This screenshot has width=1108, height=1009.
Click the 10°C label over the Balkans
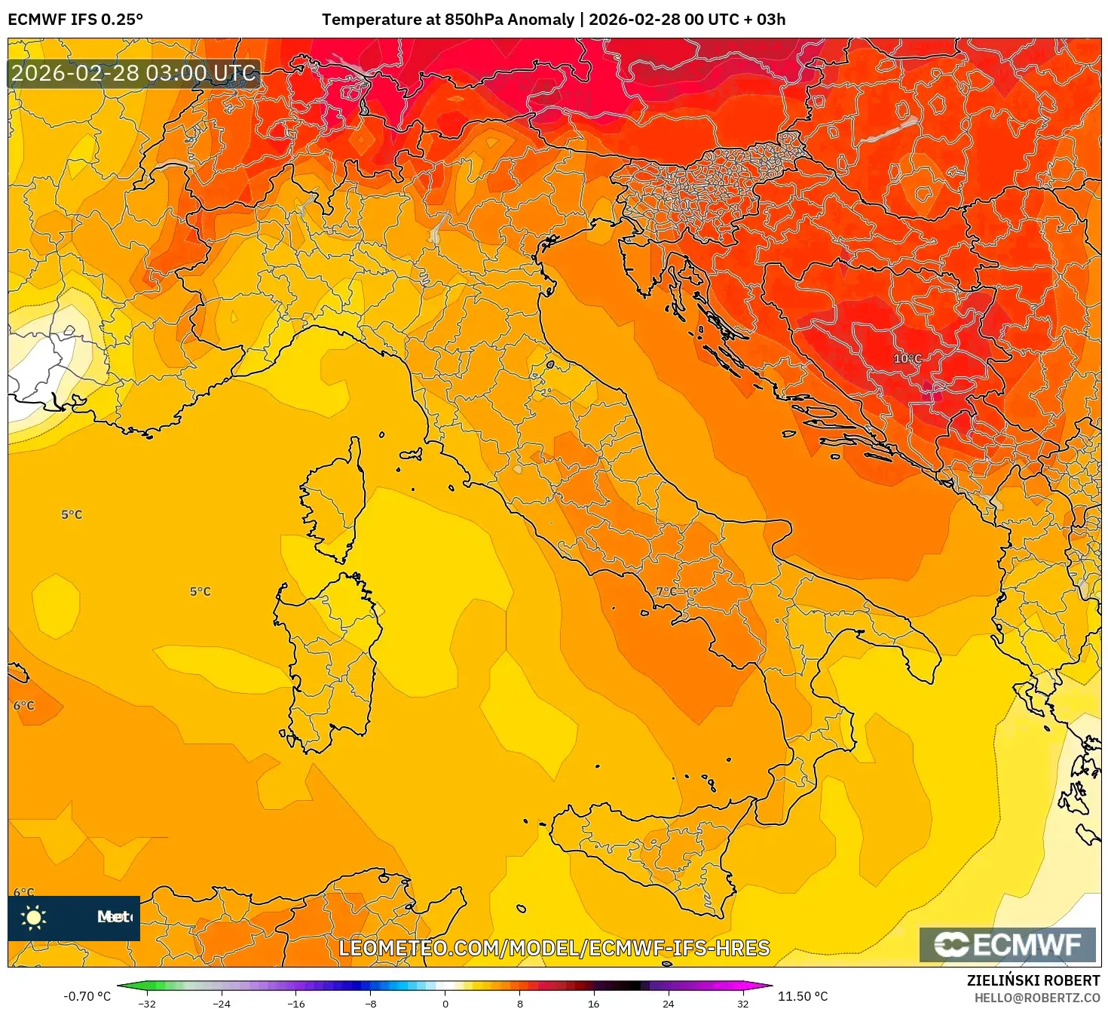908,358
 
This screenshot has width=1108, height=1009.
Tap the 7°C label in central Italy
666,591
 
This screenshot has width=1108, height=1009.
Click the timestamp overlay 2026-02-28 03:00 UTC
134,73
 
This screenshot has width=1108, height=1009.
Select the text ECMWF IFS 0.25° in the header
75,20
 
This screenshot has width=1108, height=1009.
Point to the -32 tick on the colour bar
147,1003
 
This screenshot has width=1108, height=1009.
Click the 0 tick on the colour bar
445,1003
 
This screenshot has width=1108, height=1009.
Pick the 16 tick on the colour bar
594,1003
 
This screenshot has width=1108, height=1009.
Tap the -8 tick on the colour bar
371,1003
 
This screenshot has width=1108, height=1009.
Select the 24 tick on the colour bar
669,1003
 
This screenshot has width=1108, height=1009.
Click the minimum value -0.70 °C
87,996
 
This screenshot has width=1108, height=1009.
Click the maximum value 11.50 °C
803,996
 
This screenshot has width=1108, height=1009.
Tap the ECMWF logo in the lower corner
1007,944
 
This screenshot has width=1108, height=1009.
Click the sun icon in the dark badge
34,917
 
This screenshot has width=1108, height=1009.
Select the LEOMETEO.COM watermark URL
554,948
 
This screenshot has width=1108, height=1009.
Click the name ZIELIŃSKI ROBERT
1033,980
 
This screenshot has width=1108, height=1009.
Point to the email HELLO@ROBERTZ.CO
1036,998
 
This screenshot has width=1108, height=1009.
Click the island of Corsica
334,501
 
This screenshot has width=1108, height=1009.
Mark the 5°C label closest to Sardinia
200,592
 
